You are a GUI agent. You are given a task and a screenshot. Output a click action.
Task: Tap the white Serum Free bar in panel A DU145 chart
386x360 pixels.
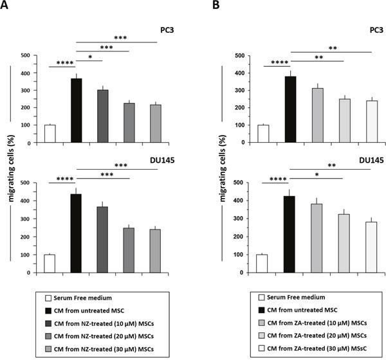pyautogui.click(x=50, y=264)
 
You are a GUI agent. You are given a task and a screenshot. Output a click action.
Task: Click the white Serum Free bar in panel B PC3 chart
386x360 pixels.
pyautogui.click(x=263, y=134)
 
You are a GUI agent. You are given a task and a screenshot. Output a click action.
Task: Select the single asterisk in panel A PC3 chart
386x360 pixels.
pyautogui.click(x=89, y=57)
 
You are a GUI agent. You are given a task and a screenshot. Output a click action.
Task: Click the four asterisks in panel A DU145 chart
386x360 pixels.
pyautogui.click(x=63, y=178)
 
